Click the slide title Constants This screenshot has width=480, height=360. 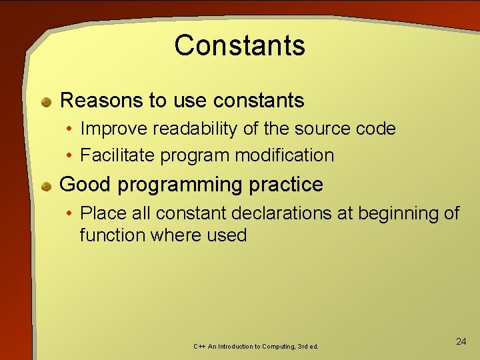239,45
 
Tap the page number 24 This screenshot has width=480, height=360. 461,341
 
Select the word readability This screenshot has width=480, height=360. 187,129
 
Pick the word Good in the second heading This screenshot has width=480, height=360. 83,185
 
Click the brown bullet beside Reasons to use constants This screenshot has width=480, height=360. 46,102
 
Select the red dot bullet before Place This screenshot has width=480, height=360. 69,214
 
